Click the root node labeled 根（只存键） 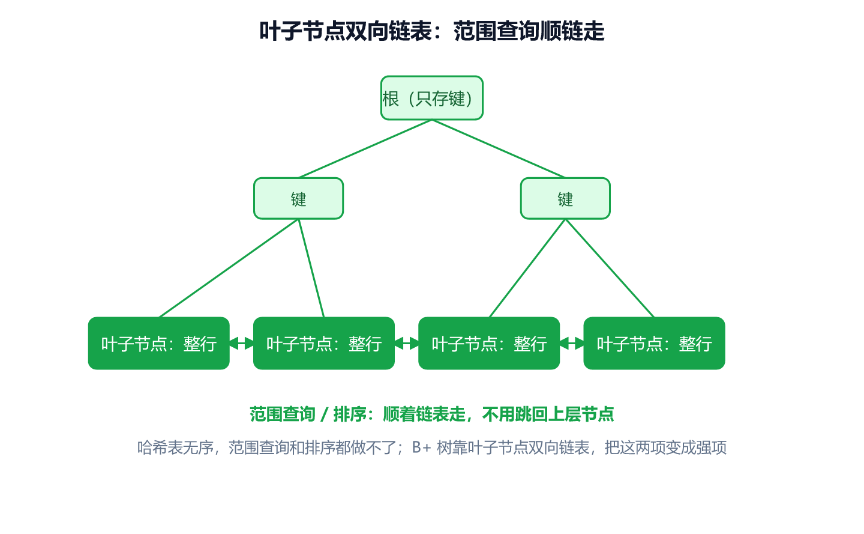pos(431,98)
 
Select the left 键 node pos(299,198)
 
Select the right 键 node pos(565,198)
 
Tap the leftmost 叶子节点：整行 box pos(159,343)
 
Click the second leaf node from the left pos(324,343)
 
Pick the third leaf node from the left pos(489,343)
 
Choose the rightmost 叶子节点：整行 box pos(654,343)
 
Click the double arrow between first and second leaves pos(241,343)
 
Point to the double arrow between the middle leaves pos(407,343)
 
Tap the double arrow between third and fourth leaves pos(572,343)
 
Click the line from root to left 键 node pos(365,148)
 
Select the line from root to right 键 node pos(499,148)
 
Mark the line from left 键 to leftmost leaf pos(229,269)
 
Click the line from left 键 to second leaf pos(311,269)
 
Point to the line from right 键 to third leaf pos(527,269)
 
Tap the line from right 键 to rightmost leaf pos(610,269)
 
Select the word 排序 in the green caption pos(350,414)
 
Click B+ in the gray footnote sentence pos(421,448)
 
